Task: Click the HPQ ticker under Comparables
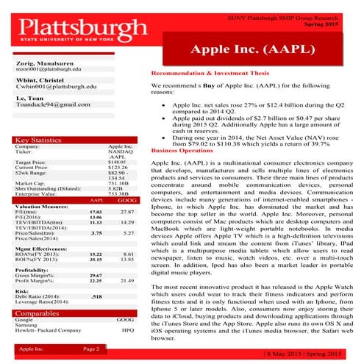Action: click(128, 331)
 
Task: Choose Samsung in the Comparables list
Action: click(26, 326)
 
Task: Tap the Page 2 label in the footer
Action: click(91, 348)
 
